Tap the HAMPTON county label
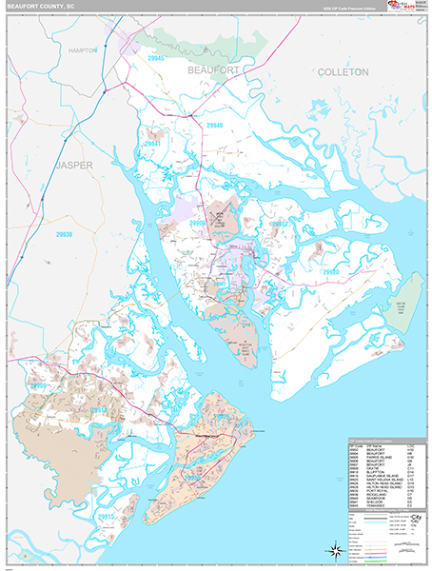point(83,49)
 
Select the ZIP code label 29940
point(215,125)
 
